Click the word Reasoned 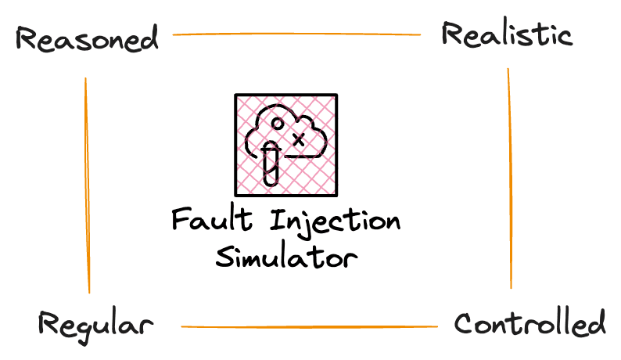[87, 38]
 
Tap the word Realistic [507, 34]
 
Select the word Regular [96, 325]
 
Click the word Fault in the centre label [212, 219]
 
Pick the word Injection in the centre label [335, 223]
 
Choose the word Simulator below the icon [286, 257]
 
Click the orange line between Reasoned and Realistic [296, 34]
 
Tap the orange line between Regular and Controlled [309, 326]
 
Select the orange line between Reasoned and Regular [87, 185]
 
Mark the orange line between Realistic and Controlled [510, 178]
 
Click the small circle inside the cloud [278, 124]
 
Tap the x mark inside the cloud [300, 139]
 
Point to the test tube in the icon [271, 164]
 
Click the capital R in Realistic [452, 34]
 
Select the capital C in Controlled [464, 323]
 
